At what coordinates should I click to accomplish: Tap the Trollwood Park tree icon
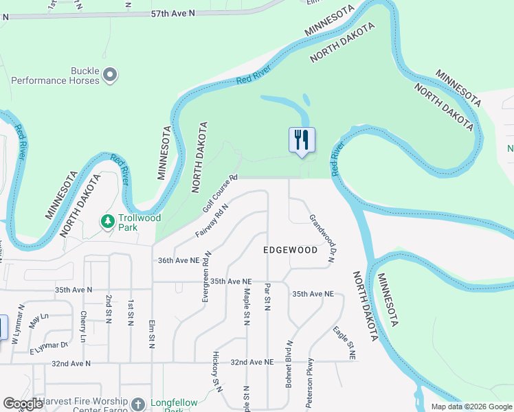point(107,221)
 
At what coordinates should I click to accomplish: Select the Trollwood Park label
point(139,222)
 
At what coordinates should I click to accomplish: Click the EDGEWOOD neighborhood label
point(291,250)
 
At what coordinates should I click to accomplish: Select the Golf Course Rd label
point(220,193)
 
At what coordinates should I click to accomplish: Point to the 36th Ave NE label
point(178,261)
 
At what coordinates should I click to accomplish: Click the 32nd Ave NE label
point(252,362)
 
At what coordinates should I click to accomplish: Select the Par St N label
point(267,296)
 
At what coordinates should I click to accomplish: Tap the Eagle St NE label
point(344,343)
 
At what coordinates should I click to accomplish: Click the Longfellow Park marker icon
point(138,404)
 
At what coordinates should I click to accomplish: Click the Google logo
point(22,404)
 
